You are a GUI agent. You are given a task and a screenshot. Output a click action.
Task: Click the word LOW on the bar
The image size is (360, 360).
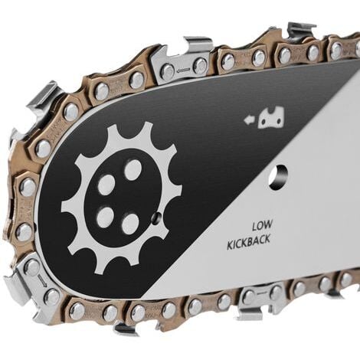tap(262, 225)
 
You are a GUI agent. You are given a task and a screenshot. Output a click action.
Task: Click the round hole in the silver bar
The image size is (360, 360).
tap(279, 178)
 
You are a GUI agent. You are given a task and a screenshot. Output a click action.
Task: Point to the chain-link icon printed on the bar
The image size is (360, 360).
tap(271, 117)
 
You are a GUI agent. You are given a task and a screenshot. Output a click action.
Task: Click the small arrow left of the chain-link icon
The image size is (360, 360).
tap(250, 120)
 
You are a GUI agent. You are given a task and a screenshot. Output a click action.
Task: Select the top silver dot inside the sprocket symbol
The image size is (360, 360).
tap(133, 169)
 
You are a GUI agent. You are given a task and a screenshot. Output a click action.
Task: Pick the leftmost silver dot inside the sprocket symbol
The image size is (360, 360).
tap(106, 185)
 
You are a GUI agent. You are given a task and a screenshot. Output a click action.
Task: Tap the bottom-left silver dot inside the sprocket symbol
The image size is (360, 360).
tap(105, 217)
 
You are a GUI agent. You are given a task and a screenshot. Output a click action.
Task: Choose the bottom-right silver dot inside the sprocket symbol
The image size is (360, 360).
tap(130, 224)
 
